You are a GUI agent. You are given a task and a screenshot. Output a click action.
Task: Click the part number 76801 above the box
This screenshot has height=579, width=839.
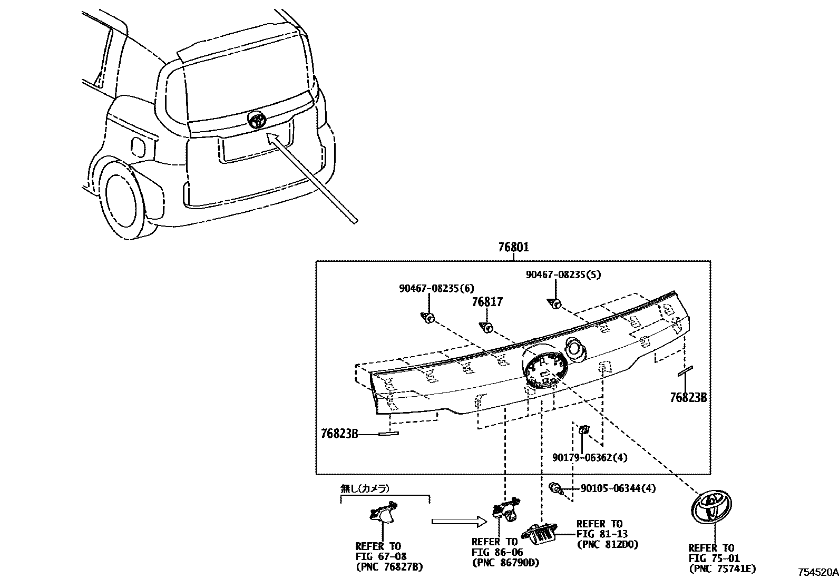pos(513,247)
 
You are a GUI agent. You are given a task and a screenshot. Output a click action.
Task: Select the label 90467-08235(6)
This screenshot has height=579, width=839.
pos(436,288)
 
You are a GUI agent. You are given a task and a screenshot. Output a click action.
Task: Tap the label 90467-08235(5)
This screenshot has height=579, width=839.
pos(563,274)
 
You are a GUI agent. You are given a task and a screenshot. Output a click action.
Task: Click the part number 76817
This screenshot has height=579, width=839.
pos(487,302)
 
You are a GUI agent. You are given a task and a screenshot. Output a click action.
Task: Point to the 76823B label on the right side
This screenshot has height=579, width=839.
pos(688,398)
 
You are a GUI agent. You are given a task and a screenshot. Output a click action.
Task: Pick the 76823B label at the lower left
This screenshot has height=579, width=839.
pos(339,434)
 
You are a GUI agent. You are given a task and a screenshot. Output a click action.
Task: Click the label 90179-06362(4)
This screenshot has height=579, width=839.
pos(589,458)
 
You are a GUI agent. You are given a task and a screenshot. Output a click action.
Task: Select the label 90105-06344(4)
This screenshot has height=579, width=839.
pos(618,488)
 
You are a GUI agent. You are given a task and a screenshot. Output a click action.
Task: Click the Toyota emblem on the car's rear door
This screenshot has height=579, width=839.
pos(257,119)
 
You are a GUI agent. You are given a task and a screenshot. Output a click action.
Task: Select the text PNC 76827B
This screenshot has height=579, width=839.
pos(389,567)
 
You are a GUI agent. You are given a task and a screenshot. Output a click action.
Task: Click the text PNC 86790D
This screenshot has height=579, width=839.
pos(505,563)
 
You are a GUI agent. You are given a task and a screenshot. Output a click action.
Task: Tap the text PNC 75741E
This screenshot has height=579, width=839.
pos(722,568)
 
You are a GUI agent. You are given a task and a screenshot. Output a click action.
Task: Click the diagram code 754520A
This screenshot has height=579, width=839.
pos(817,572)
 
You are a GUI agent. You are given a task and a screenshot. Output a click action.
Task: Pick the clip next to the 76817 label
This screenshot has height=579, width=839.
pos(486,328)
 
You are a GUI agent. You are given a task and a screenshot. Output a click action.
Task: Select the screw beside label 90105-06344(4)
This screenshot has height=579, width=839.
pos(555,489)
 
